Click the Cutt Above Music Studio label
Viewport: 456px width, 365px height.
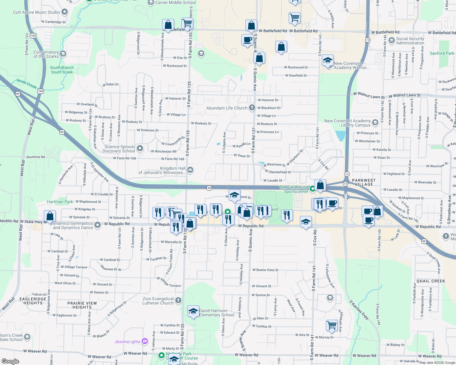(x=36, y=12)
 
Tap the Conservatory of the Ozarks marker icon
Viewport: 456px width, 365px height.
(x=63, y=54)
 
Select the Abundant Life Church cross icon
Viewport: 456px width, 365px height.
(x=252, y=107)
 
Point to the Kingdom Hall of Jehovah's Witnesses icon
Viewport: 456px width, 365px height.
(x=190, y=170)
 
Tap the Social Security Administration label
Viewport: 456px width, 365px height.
(x=410, y=41)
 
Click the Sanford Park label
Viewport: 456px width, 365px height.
(x=442, y=53)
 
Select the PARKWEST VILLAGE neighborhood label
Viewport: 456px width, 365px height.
(x=364, y=182)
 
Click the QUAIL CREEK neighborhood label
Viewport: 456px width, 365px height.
(x=431, y=281)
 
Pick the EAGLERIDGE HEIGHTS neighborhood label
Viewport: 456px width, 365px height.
(x=33, y=301)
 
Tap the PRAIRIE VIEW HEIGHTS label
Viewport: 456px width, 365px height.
(x=82, y=305)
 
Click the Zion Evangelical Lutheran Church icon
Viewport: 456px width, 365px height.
(x=178, y=301)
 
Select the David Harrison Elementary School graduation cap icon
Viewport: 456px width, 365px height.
(x=193, y=311)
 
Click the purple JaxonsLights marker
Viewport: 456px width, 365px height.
(x=145, y=341)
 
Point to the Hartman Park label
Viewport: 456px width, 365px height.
(x=60, y=202)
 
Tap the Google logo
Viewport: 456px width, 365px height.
(x=10, y=361)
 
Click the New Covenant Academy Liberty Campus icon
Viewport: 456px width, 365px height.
(x=375, y=122)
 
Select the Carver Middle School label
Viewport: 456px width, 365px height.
(x=176, y=3)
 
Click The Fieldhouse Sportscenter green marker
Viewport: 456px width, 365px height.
(x=312, y=189)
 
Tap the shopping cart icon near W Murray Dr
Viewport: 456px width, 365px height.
(x=332, y=325)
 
